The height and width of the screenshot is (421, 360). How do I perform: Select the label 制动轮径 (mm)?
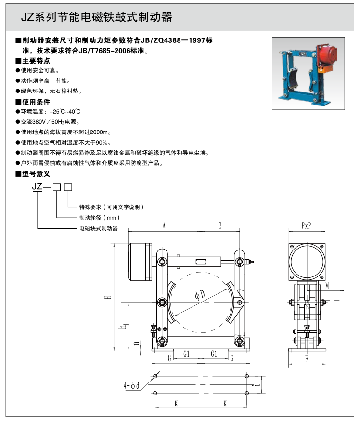pos(99,218)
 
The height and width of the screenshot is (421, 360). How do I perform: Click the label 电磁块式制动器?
pos(99,228)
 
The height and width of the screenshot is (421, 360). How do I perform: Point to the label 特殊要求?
pos(92,207)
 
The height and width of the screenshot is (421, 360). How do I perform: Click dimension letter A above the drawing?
pos(164,225)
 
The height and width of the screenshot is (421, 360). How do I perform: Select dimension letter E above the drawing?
pos(219,225)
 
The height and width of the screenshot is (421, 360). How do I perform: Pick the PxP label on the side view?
pos(306,225)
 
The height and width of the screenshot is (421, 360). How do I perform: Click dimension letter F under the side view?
pos(306,358)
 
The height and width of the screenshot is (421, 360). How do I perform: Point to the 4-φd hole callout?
pos(131,385)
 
